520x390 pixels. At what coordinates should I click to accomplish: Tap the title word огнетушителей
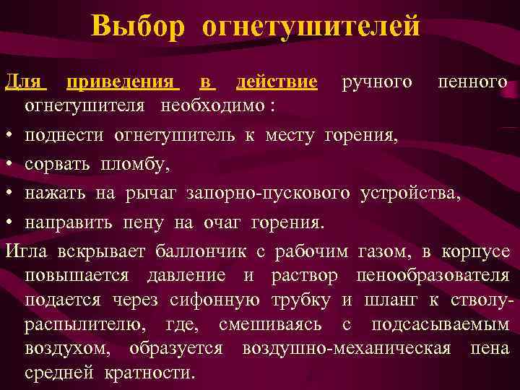pos(311,27)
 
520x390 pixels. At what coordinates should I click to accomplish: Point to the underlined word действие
pos(277,82)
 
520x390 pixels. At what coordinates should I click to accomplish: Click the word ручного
pos(377,82)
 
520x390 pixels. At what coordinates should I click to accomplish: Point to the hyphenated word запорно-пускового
pos(269,194)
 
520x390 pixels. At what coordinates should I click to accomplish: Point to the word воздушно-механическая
pos(346,349)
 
